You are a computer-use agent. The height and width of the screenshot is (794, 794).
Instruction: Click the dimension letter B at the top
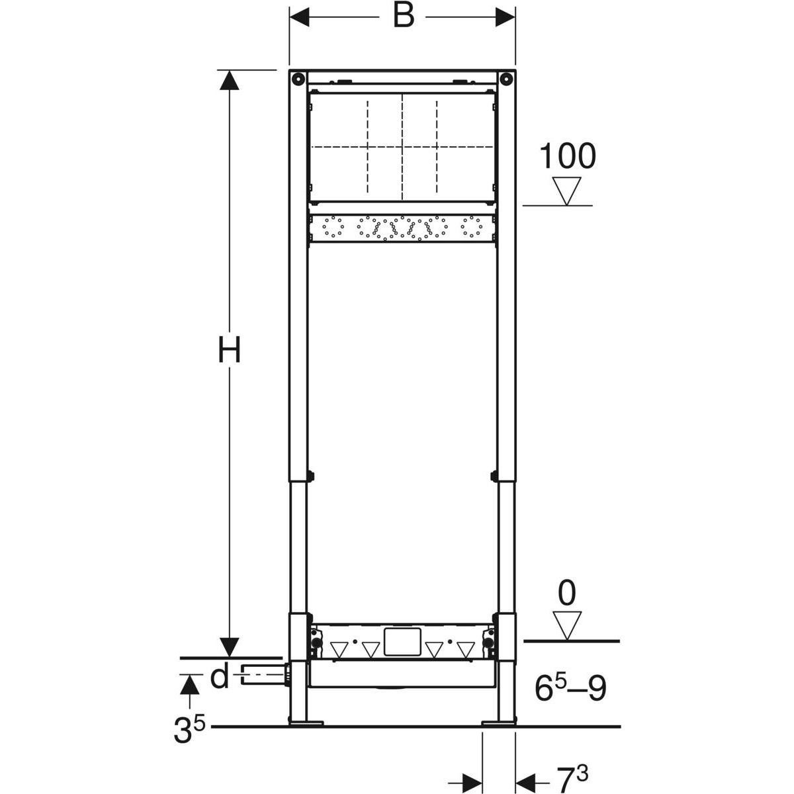[403, 16]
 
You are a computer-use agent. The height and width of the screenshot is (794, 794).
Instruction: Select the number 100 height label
[568, 157]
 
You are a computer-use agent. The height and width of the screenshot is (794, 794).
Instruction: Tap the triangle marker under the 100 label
[567, 191]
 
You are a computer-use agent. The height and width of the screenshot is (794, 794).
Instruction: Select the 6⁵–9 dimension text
[570, 689]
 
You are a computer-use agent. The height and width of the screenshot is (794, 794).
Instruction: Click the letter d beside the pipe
[219, 677]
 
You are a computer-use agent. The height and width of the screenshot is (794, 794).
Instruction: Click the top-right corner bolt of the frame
[506, 78]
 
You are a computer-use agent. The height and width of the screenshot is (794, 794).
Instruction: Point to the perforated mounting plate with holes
[402, 228]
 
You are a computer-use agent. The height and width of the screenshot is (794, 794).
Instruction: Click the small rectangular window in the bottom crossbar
[402, 642]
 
